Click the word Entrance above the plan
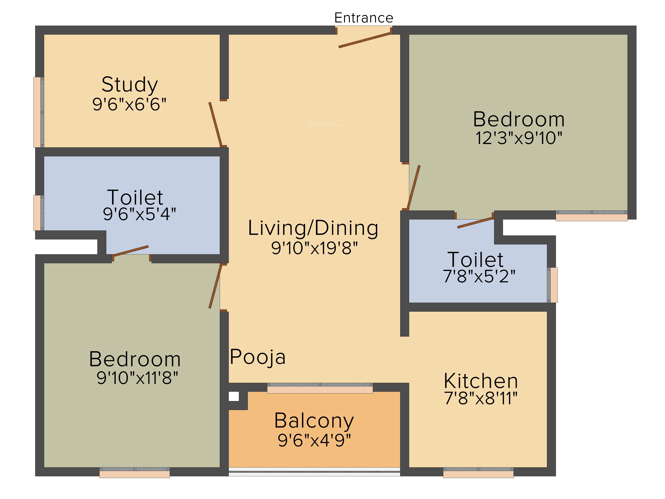tap(364, 18)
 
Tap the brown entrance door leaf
tap(364, 40)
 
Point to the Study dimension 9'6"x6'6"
tap(129, 104)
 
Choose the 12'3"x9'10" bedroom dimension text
tap(519, 138)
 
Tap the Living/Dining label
tap(313, 228)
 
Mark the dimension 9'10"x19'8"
tap(315, 248)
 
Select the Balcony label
tap(314, 421)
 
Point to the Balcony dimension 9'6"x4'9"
tap(314, 440)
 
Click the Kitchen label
tap(481, 381)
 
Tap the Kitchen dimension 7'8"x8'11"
tap(481, 398)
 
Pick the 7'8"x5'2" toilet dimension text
tap(479, 276)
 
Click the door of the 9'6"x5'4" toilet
tap(131, 251)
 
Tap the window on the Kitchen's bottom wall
tap(478, 473)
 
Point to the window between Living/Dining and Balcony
tap(320, 388)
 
